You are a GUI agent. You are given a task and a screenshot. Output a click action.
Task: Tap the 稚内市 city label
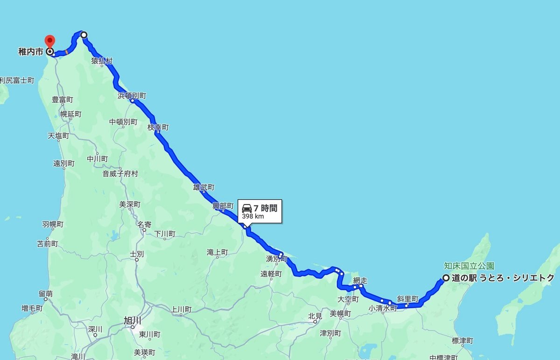tap(31, 52)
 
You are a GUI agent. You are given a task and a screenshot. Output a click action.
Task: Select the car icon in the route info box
tap(247, 208)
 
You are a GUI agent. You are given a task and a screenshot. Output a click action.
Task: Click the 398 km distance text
tap(252, 216)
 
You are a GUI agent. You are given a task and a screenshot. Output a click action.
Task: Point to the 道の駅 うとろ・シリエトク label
tap(503, 278)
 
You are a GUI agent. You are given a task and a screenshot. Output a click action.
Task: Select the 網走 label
tap(360, 281)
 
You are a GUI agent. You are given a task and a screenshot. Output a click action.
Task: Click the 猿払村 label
tap(102, 61)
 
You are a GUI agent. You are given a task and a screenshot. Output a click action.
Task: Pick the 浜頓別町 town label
tap(132, 96)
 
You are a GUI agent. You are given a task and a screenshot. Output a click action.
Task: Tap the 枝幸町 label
tap(158, 127)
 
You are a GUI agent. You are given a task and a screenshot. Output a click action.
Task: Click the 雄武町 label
tap(204, 187)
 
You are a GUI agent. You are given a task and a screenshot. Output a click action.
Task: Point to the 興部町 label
tap(223, 205)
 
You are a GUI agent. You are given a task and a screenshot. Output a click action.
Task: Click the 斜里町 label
tap(407, 298)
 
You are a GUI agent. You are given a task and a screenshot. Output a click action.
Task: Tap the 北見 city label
tap(315, 317)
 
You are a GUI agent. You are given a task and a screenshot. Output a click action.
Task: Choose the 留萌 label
tap(46, 294)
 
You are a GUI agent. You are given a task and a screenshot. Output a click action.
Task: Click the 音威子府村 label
tap(120, 174)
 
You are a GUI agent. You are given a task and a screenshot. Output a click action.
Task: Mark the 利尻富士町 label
tap(17, 80)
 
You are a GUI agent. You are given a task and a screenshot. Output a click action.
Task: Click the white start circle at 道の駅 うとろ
tap(446, 278)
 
